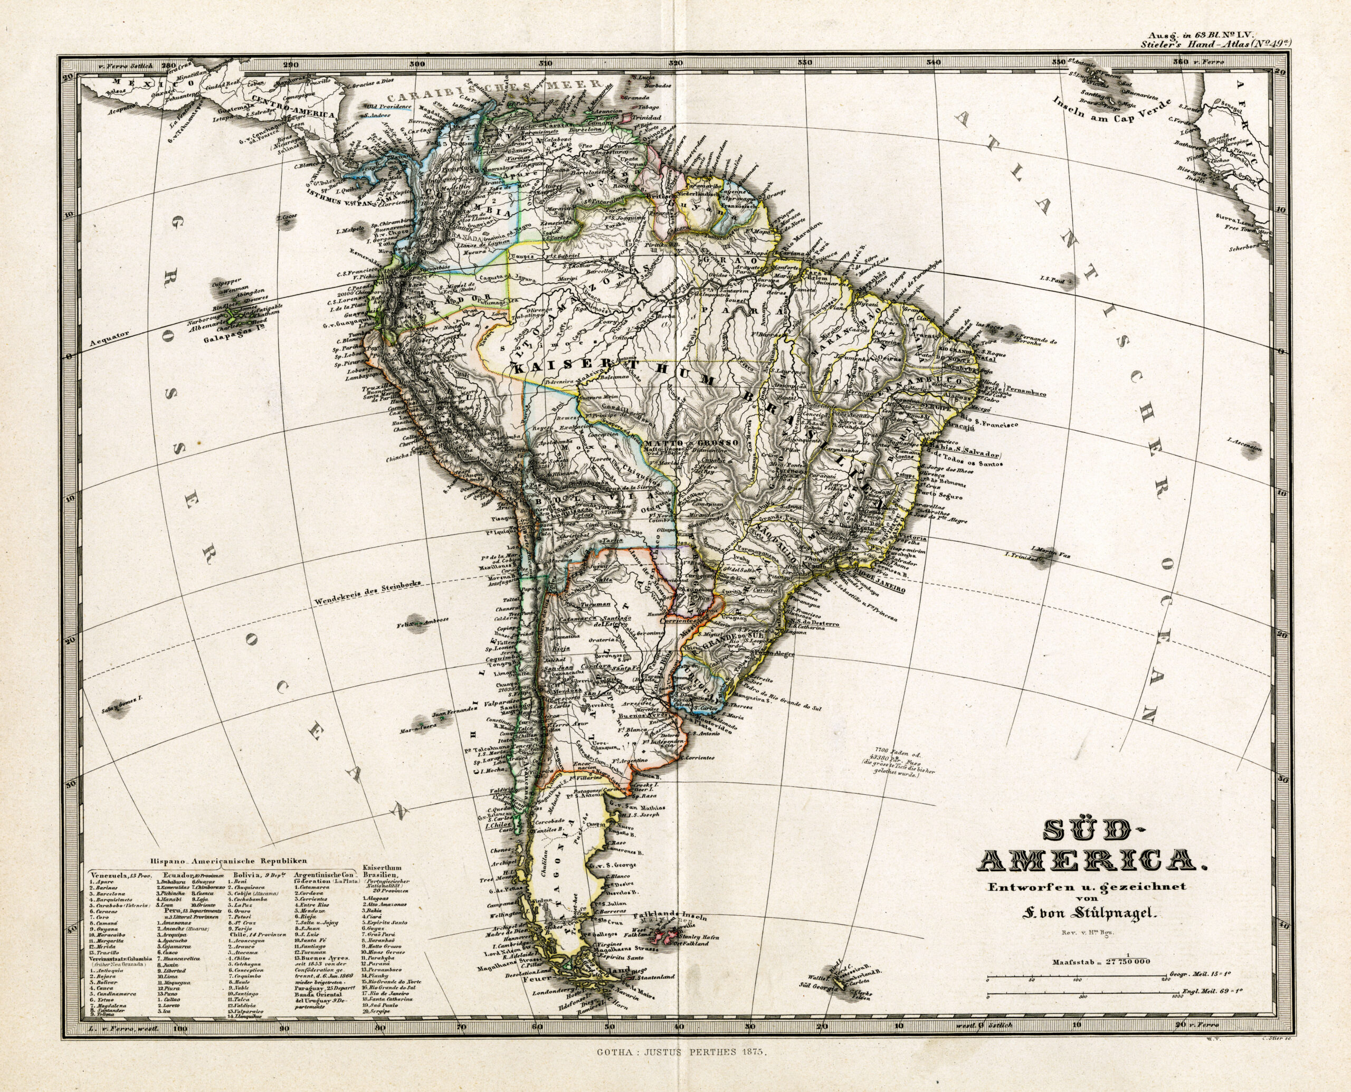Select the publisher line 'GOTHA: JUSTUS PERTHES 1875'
pyautogui.click(x=675, y=1070)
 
